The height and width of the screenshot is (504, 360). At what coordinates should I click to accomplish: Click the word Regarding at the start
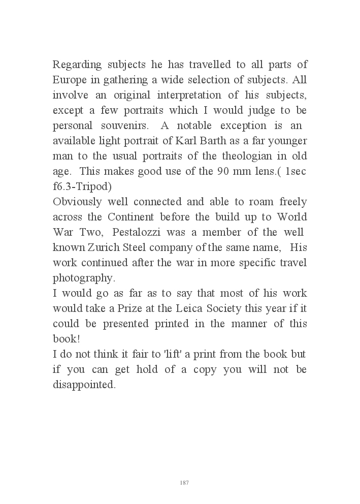76,65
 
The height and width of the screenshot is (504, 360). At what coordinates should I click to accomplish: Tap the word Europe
70,80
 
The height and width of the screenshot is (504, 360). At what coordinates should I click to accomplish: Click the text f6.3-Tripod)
82,186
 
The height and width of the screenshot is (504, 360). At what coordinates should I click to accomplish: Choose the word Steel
145,247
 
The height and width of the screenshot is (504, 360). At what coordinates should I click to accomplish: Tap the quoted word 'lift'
166,354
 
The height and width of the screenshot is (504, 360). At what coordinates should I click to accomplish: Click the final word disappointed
84,385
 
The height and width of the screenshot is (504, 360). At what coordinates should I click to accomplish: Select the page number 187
184,482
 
